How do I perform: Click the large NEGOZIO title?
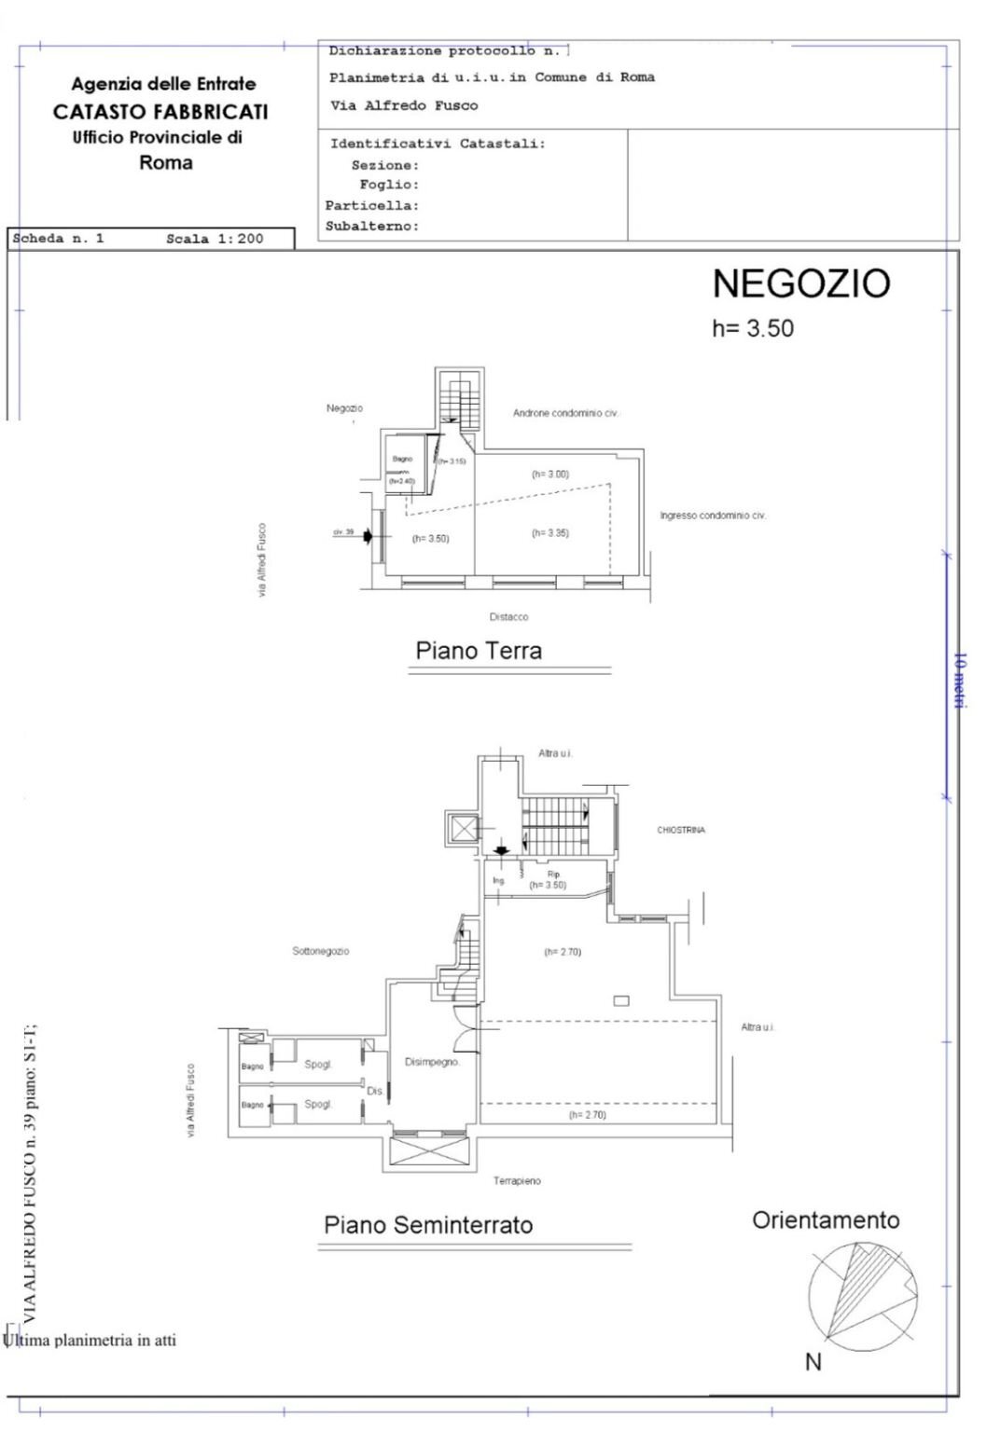tap(800, 283)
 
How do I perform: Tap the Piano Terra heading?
tap(479, 651)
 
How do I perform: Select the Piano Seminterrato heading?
tap(428, 1225)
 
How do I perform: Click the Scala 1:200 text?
tap(215, 239)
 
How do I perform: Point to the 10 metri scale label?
tap(959, 680)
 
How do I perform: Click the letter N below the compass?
tap(813, 1362)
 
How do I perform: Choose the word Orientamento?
tap(826, 1220)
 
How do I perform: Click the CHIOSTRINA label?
tap(681, 830)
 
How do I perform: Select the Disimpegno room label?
tap(432, 1062)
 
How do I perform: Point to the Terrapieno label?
tap(517, 1180)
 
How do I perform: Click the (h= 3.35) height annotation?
tap(549, 533)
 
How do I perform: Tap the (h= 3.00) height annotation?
tap(549, 475)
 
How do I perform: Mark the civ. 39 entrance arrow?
tap(368, 536)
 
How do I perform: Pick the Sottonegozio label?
tap(320, 951)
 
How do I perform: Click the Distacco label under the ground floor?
tap(508, 617)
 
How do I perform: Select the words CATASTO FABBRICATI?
tap(160, 112)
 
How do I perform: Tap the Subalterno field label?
tap(371, 227)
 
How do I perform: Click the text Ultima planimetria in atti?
tap(90, 1341)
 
